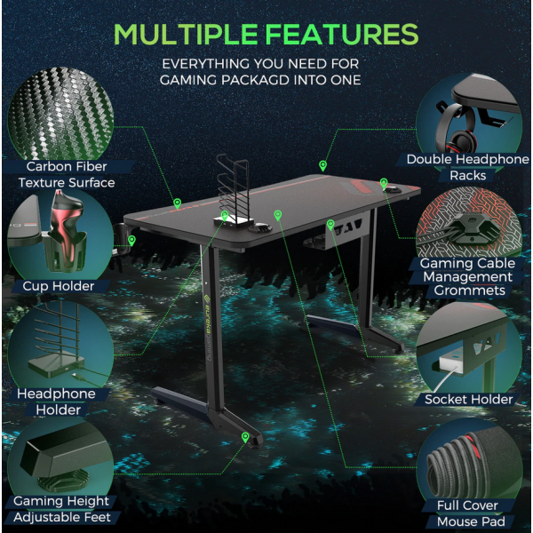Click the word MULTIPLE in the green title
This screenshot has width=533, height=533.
[x=186, y=34]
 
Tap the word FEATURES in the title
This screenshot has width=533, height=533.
[x=341, y=34]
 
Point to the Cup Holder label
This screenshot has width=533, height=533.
[x=59, y=286]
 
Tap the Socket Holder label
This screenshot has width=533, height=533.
[x=468, y=399]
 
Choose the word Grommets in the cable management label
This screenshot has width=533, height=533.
[x=469, y=290]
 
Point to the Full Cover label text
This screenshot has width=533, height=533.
[x=467, y=505]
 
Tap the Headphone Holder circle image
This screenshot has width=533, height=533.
[x=60, y=343]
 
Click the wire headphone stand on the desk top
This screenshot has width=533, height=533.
[x=234, y=191]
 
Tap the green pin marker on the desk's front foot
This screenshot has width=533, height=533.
[x=245, y=437]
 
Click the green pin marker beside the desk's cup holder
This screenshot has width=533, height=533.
[x=131, y=241]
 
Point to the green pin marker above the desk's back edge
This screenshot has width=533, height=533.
[x=323, y=166]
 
